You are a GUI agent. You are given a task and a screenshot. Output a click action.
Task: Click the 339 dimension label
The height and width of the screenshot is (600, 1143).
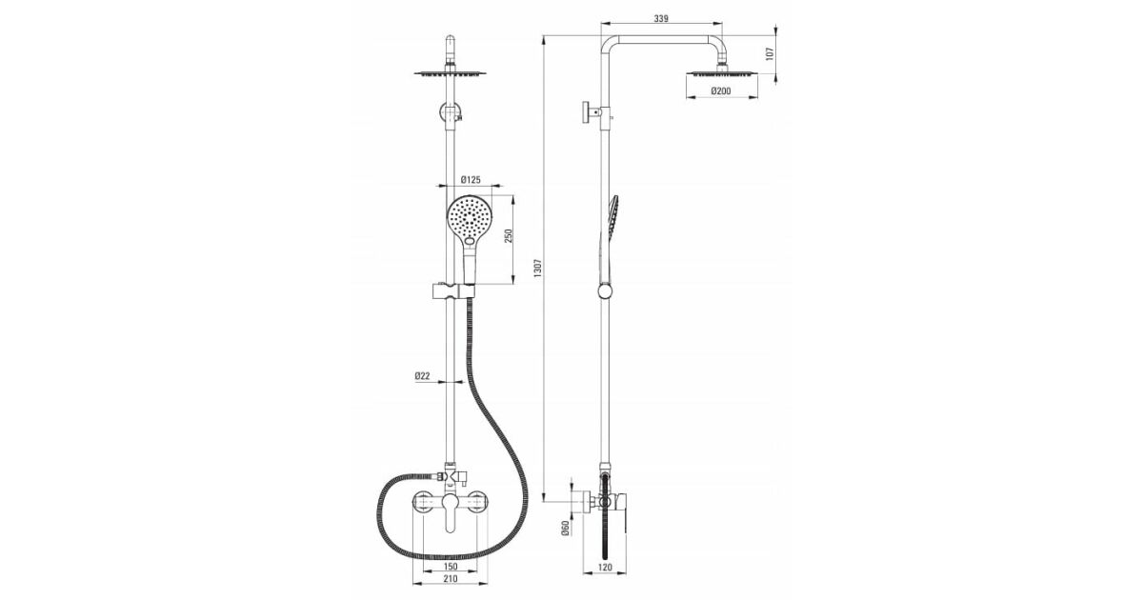coord(661,18)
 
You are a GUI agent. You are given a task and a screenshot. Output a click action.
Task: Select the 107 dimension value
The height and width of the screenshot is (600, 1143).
coord(770,53)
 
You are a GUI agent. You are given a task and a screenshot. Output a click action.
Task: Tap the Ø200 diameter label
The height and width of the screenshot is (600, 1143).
coord(721,90)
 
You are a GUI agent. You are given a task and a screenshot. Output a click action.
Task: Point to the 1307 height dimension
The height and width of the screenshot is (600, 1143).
coord(537,268)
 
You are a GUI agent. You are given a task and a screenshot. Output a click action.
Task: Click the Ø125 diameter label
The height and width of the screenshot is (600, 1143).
coord(471,180)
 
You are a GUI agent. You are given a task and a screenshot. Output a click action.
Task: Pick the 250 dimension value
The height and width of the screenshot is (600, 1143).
coord(509,236)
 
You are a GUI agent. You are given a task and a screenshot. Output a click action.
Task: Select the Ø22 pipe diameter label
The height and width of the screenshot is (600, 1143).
coord(422,376)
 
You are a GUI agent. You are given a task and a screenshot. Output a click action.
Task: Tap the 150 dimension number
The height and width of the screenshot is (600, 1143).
coord(451,567)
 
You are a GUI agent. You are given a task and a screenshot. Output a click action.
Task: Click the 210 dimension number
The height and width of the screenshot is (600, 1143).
coord(450,579)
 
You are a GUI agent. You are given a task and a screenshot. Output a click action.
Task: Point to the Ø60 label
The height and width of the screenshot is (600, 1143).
coord(565,528)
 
